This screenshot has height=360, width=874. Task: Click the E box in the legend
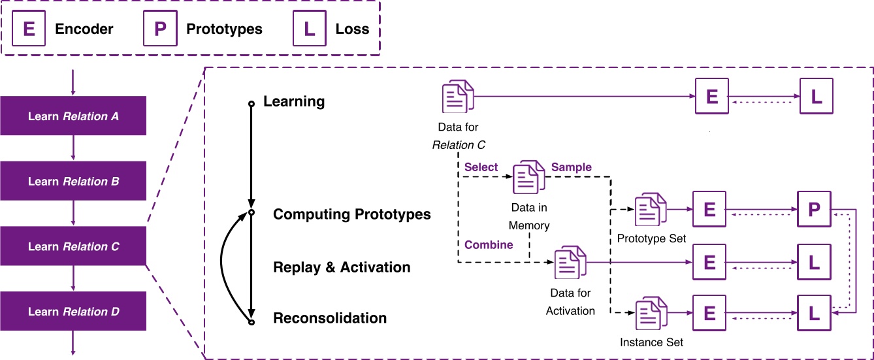pos(29,29)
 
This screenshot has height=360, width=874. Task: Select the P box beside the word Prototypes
pos(160,29)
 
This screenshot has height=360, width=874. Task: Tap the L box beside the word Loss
pos(310,29)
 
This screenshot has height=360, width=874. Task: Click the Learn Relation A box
pos(73,116)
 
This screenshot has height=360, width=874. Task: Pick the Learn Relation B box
pos(73,182)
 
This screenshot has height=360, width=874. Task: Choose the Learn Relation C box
pos(73,247)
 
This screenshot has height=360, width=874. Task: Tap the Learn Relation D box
pos(73,312)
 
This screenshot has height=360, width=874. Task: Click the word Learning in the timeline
pos(293,102)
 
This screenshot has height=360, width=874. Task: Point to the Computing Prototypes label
pos(351,214)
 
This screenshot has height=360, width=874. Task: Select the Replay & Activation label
pos(342,267)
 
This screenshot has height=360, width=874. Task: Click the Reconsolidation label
pos(330,318)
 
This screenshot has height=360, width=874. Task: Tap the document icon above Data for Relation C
pos(458,97)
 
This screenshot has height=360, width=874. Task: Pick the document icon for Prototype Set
pos(651,210)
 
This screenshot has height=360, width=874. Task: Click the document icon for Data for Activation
pos(570,263)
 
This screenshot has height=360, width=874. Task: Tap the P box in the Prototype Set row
pos(813,210)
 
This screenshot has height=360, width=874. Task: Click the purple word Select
pos(481,167)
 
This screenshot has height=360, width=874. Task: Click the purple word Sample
pos(572,167)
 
